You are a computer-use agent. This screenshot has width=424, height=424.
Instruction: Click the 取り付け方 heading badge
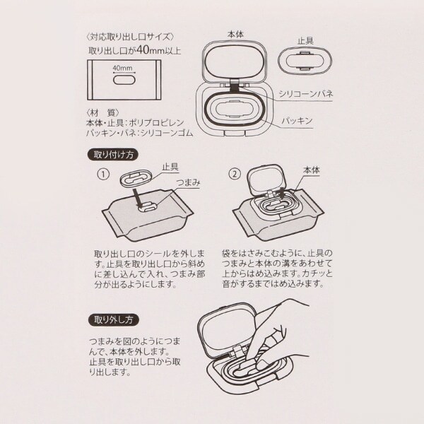114,155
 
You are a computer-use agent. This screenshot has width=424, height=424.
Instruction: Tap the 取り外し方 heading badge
114,320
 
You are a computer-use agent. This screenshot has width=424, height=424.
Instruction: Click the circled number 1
103,175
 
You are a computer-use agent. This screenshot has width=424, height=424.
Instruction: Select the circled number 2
235,174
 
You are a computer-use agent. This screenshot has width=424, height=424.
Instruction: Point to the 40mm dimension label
123,68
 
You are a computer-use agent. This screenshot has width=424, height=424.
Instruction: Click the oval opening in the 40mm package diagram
124,80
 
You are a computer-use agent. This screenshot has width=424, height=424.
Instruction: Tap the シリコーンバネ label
305,94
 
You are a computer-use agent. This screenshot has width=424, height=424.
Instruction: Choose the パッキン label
298,121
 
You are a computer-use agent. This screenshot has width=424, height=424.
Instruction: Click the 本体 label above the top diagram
235,35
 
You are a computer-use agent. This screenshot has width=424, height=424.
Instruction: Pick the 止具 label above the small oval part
305,41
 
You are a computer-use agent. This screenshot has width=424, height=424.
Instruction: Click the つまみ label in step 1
188,182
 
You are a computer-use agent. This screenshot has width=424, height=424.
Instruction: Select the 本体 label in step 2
312,170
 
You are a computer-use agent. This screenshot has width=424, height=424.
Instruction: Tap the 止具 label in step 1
170,167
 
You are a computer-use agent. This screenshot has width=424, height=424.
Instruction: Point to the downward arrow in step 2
281,194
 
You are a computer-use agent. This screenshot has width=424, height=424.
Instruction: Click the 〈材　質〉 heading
102,113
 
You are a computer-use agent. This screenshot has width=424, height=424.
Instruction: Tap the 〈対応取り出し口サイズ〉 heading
130,37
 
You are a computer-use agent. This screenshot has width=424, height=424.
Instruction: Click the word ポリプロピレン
156,123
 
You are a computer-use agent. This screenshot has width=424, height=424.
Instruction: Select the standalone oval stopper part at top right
305,61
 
